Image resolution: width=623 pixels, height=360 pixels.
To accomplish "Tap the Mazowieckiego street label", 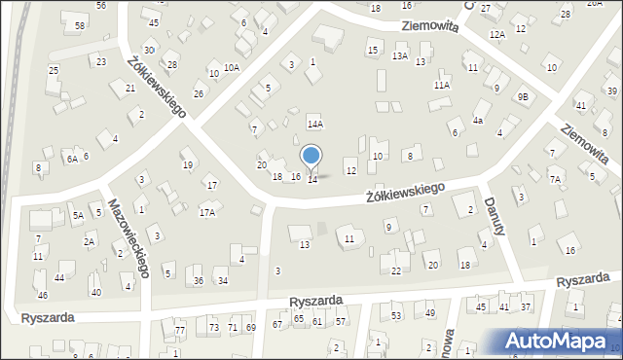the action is pos(128,238).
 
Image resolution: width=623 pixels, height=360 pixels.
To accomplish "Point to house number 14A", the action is pos(314,125).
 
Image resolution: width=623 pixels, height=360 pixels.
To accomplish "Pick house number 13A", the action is pos(399,56).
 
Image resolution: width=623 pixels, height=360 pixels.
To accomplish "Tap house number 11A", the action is pos(442,85).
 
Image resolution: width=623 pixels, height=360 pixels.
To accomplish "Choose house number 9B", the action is pos(523,96).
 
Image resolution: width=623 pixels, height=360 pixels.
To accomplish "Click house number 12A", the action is pos(497,34).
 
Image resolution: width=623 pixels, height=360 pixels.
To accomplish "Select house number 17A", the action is pos(206,212).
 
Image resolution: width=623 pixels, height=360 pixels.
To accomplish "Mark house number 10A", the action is pos(231,67).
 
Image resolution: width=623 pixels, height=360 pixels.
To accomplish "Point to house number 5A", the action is pos(77,216).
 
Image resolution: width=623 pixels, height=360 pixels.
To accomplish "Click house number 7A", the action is pos(555,179).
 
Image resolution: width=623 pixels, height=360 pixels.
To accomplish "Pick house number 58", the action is pos(79,24).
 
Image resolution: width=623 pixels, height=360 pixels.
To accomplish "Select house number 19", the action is pos(188,164).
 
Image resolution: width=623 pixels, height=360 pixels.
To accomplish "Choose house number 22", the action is pos(395,270).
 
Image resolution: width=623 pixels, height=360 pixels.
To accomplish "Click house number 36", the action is pos(199,280).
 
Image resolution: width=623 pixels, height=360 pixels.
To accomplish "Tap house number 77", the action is pos(180,331).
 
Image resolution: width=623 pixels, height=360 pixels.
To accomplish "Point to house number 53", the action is pos(396,315).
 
